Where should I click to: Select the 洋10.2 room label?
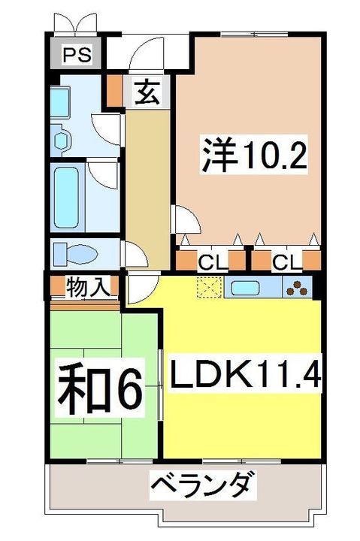253,156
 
